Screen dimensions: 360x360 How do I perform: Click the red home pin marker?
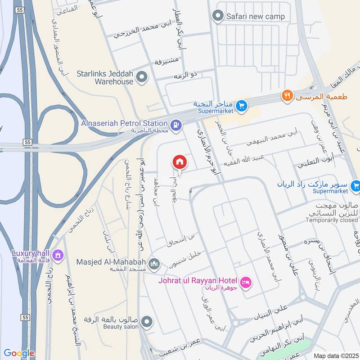(x=179, y=162)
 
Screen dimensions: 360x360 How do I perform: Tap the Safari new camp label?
(x=256, y=17)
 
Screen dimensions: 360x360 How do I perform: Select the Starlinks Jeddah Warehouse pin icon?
(x=142, y=78)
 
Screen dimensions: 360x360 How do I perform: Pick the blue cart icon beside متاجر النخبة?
(x=242, y=106)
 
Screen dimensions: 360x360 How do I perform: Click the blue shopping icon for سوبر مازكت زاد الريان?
(x=355, y=185)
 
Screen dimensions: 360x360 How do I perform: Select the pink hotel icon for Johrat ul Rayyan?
(x=246, y=282)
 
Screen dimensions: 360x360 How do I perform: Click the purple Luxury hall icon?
(x=57, y=255)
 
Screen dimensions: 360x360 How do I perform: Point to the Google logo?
(x=19, y=353)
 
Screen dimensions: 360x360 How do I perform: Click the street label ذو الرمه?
(x=185, y=75)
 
